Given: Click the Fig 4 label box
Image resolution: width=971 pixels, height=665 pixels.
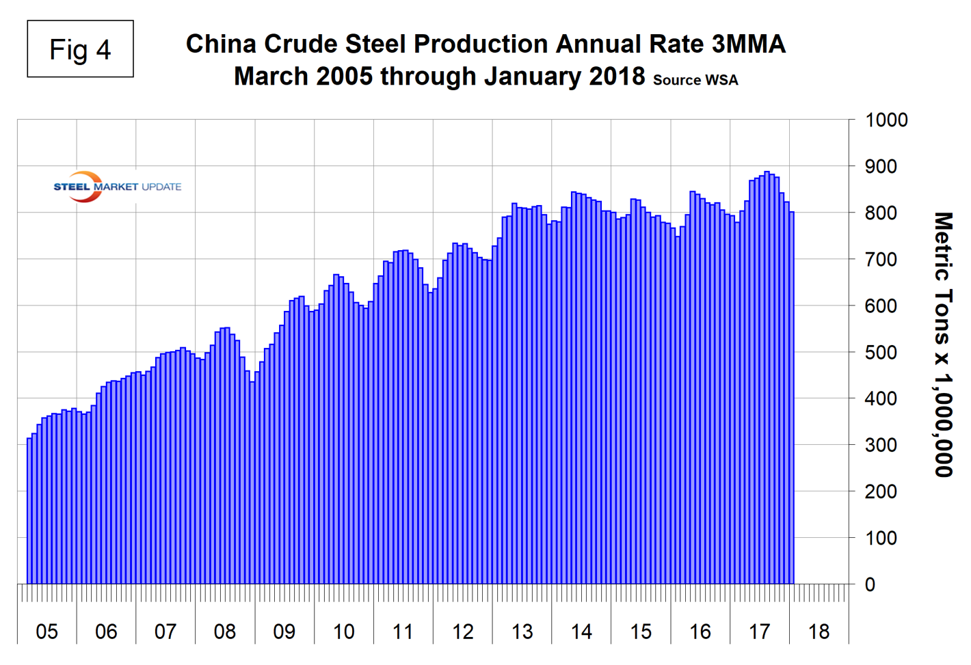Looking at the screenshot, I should point(80,49).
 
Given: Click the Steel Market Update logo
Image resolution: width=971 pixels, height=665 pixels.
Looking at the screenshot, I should point(117,187).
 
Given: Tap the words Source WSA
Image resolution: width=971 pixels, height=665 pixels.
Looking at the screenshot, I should point(695,80).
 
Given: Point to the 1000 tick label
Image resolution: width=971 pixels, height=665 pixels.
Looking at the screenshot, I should point(886,120).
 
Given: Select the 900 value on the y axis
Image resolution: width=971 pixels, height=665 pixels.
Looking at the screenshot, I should point(881,167).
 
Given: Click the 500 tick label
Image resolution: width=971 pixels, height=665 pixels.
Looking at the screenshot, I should point(881,353).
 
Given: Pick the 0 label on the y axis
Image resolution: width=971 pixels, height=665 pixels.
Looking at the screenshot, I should point(870,585).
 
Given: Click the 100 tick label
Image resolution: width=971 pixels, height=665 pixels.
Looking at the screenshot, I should point(881,539).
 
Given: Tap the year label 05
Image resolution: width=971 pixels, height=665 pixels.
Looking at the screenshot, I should point(46,632).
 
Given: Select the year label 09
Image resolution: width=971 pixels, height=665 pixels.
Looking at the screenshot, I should point(284,632).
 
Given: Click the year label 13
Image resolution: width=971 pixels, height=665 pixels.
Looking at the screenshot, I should point(522,632).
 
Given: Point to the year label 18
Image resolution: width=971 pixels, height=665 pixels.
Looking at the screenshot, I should point(819,632).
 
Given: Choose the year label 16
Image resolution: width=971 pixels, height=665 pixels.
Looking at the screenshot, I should point(700,632).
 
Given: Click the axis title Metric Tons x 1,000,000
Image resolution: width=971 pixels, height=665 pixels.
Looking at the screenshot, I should point(943,344).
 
